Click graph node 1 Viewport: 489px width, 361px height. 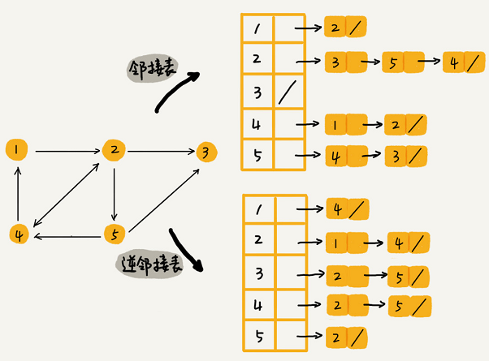[x=17, y=149]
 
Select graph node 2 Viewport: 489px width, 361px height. [x=115, y=150]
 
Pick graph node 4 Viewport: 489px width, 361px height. [x=19, y=234]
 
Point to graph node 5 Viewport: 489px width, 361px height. [x=115, y=234]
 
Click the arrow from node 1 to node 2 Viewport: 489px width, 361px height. [x=66, y=150]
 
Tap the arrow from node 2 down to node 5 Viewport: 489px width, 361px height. [x=115, y=192]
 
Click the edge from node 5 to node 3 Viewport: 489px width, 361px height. [x=161, y=198]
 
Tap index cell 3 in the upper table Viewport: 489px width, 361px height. [x=257, y=92]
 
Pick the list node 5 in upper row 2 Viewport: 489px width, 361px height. [x=395, y=62]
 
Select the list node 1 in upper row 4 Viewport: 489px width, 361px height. [x=335, y=125]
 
